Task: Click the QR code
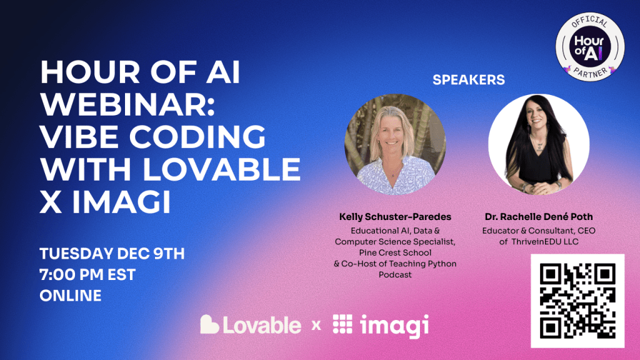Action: click(x=577, y=301)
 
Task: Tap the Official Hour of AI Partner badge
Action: click(x=590, y=47)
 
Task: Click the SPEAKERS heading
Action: click(x=469, y=79)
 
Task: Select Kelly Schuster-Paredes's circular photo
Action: click(x=395, y=144)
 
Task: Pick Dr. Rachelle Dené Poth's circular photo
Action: click(x=539, y=144)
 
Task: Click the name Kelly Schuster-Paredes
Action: click(x=395, y=217)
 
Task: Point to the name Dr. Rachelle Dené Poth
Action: click(x=539, y=217)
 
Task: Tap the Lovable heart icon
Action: click(x=209, y=324)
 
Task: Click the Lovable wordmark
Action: click(x=262, y=325)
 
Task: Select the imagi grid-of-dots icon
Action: click(x=342, y=324)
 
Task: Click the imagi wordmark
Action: click(x=394, y=326)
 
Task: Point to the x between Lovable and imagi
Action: click(x=316, y=326)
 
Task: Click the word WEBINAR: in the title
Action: click(x=127, y=104)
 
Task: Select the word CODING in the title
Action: click(x=197, y=137)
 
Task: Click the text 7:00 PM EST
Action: click(x=87, y=275)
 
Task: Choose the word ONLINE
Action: click(x=71, y=296)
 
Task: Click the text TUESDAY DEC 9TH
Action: click(x=112, y=254)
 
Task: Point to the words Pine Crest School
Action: click(x=395, y=252)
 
